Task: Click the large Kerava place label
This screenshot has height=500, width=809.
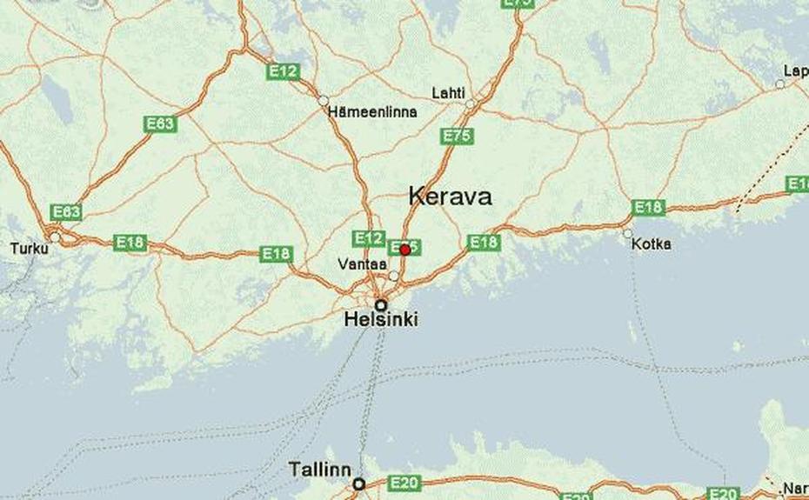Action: (x=450, y=197)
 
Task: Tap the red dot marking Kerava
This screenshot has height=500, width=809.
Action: (x=404, y=250)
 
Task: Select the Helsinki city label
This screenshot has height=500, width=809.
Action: (x=381, y=320)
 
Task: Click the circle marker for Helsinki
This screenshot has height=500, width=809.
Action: (x=381, y=305)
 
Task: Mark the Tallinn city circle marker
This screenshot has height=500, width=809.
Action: (x=358, y=483)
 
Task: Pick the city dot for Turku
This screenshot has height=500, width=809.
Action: (x=55, y=237)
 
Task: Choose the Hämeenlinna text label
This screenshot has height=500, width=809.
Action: (x=372, y=112)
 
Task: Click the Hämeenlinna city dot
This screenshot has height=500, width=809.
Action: (x=324, y=100)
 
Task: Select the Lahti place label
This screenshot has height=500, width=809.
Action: (x=449, y=93)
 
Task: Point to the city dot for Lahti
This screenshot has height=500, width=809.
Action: (x=470, y=104)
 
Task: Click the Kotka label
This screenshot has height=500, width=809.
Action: (x=652, y=244)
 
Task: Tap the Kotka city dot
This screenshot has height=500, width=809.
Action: (x=627, y=233)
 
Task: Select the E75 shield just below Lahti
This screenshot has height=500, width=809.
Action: (x=457, y=136)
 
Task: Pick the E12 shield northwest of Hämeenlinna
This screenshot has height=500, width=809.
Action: (x=284, y=72)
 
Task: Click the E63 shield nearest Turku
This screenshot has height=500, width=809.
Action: (x=66, y=212)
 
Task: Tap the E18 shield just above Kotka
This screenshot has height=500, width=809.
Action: (x=648, y=207)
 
